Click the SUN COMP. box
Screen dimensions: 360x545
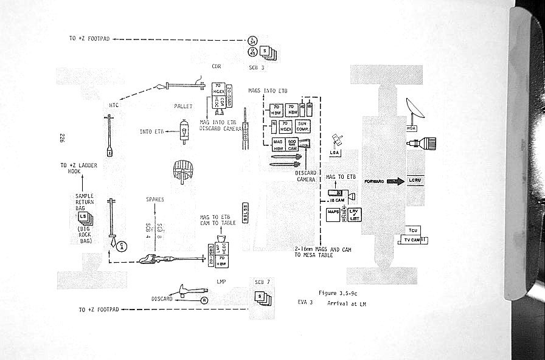303,126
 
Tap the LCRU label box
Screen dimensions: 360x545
415,181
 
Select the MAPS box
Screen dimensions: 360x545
333,213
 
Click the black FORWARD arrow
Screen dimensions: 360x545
395,181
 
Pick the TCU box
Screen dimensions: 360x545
412,230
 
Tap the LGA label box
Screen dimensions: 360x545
335,152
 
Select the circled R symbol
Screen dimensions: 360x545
204,299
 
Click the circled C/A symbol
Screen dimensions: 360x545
122,246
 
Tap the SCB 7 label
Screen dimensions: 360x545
262,282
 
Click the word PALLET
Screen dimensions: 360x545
183,106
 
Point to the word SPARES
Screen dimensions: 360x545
155,199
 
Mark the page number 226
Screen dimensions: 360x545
62,138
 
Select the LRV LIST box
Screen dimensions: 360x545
354,214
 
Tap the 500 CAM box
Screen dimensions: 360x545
292,144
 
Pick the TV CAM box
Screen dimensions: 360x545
412,240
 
